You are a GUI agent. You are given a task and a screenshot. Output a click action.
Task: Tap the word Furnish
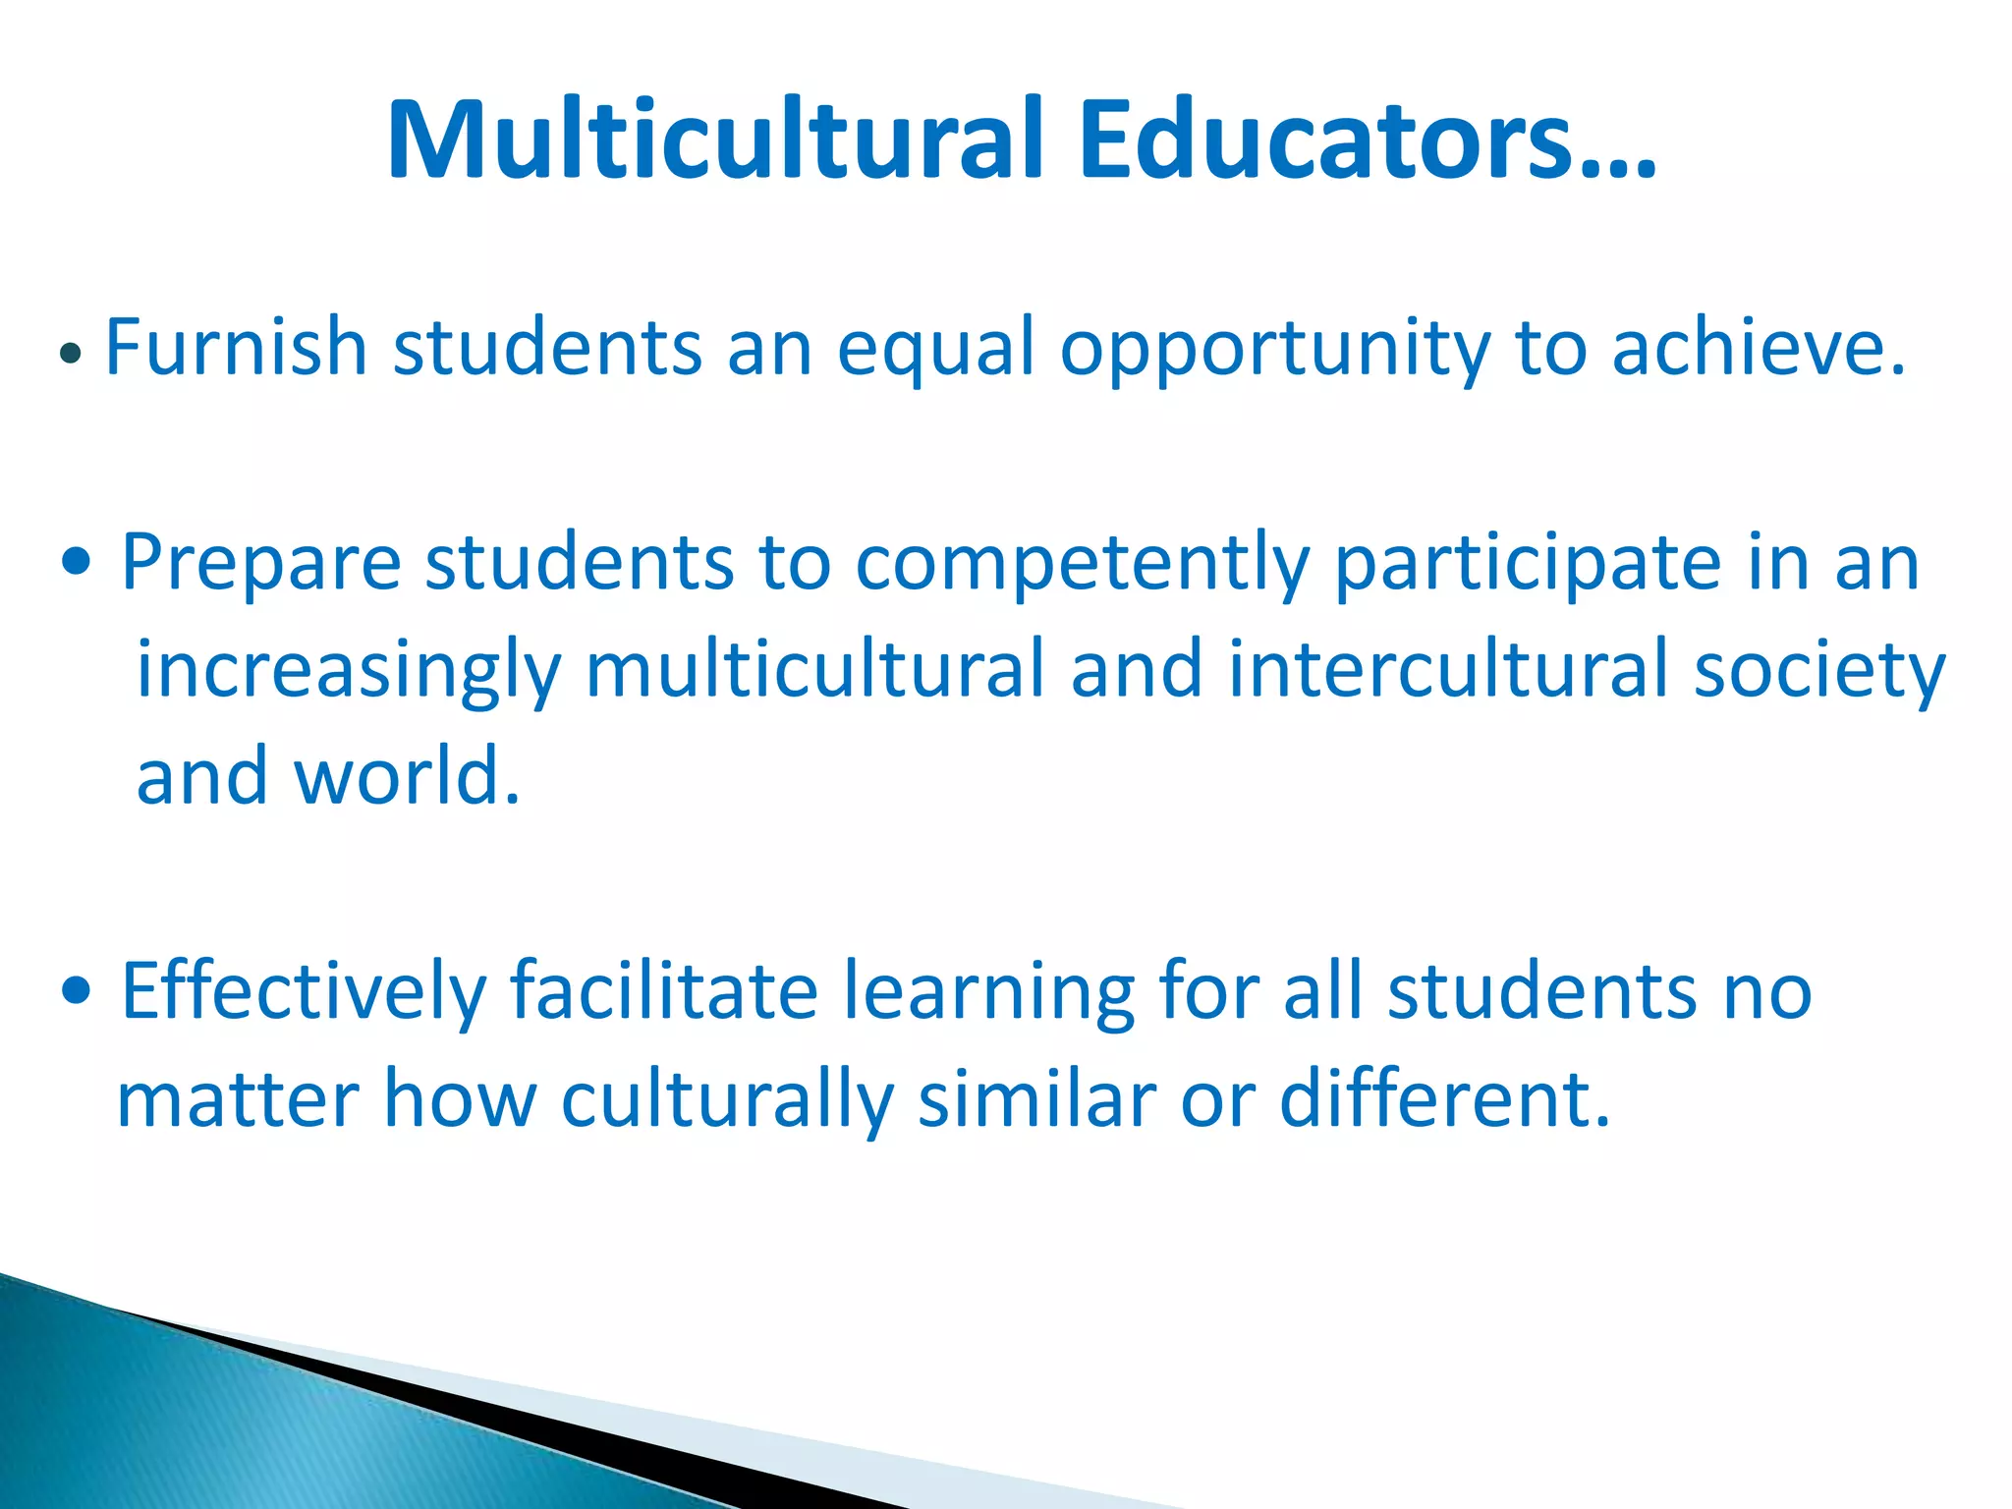(236, 347)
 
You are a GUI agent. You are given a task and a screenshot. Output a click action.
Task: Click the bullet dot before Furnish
(69, 353)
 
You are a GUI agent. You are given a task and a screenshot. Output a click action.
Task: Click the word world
(407, 776)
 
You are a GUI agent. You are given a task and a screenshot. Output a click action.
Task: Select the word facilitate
(664, 990)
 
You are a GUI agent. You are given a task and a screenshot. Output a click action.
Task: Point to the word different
(1444, 1098)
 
